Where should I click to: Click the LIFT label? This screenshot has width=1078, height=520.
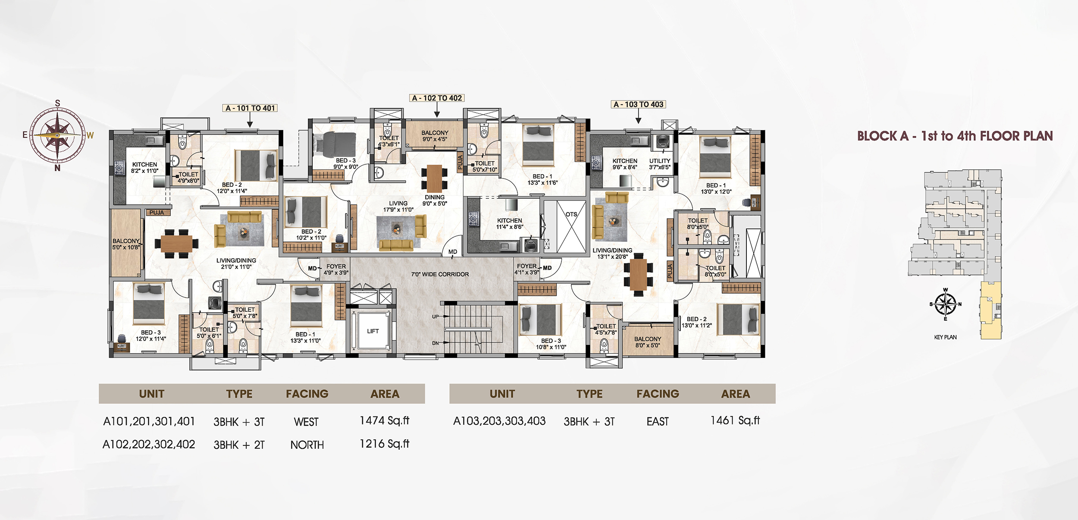click(x=373, y=331)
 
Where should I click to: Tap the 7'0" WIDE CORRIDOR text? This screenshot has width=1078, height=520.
click(x=440, y=274)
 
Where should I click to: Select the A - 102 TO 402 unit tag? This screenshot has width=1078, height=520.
click(x=436, y=98)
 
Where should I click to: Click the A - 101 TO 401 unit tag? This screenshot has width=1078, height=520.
click(x=250, y=108)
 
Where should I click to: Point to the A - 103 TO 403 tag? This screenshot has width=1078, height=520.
click(x=638, y=104)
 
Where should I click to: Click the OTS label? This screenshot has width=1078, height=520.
click(x=571, y=214)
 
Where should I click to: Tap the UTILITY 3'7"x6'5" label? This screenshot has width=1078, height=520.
click(x=660, y=164)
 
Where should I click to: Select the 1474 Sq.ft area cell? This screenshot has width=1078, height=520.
click(x=384, y=420)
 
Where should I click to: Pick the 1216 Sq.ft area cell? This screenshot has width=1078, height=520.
click(x=384, y=444)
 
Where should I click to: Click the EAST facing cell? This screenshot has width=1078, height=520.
click(x=657, y=421)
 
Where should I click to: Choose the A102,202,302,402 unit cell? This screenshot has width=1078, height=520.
click(x=149, y=444)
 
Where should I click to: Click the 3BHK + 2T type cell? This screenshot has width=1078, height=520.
click(x=239, y=445)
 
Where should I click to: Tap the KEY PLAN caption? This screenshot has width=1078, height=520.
click(x=945, y=337)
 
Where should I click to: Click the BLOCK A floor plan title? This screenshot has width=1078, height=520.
click(x=955, y=136)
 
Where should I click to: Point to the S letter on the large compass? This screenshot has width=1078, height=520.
click(x=57, y=103)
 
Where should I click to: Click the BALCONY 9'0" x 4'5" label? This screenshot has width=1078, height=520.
click(x=435, y=136)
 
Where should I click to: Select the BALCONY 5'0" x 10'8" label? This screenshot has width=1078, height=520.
click(x=126, y=244)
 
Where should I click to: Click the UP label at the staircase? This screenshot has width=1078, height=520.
click(x=435, y=316)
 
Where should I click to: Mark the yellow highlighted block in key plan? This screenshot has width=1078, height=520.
click(x=991, y=310)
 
